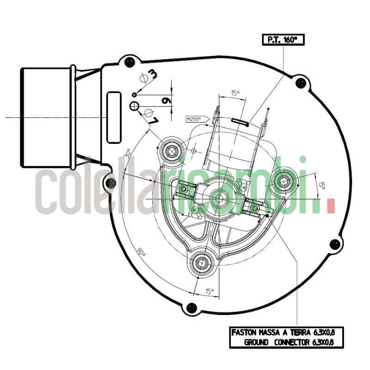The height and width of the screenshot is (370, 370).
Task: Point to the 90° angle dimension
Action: point(141,253)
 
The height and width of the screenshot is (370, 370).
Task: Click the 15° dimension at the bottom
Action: point(210,291)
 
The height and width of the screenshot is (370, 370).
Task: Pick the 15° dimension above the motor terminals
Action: point(235,93)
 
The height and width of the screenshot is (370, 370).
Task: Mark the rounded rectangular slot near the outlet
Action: point(114,117)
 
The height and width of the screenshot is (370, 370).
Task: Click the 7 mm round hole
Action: point(135,106)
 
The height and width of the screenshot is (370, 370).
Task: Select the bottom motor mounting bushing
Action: point(202,263)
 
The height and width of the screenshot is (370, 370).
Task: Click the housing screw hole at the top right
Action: point(301,83)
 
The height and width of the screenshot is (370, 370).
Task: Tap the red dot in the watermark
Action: point(330,206)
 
